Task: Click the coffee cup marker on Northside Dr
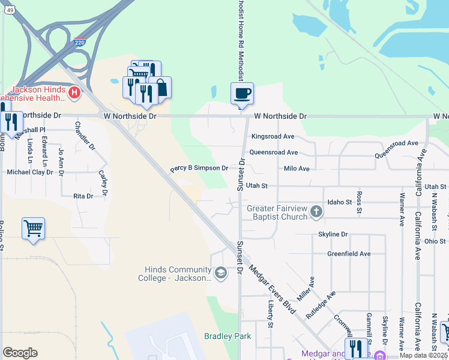pos(242,94)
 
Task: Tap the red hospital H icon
pos(74,93)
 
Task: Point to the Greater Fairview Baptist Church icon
pos(316,212)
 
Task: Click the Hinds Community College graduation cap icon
pos(221,274)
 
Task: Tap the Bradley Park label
pos(228,336)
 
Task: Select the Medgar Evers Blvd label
pos(273,290)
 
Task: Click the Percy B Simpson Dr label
pos(199,169)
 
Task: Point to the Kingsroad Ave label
pos(273,136)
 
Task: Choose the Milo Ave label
pos(297,169)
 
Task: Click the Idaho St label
pos(339,202)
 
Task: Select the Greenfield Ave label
pos(349,254)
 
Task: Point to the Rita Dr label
pos(83,196)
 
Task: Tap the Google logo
pos(20,353)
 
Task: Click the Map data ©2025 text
pos(423,355)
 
